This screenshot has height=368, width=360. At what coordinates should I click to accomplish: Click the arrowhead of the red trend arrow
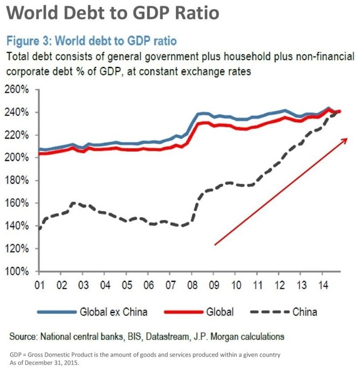tap(341, 140)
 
